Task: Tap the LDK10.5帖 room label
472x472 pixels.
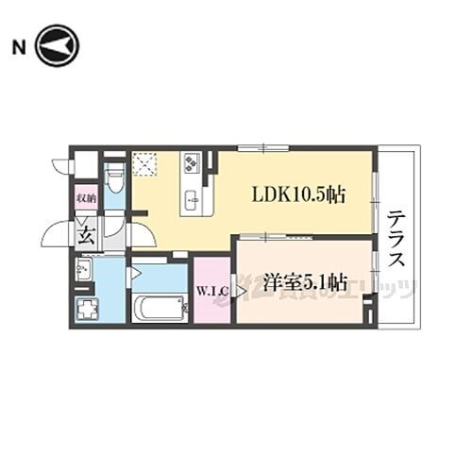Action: pos(297,195)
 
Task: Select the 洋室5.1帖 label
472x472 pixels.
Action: pos(305,281)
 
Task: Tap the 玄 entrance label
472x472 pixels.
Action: pos(86,232)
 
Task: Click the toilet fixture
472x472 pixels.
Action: pos(113,177)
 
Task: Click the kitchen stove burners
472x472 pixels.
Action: pos(191,165)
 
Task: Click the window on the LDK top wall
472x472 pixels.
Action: pos(252,147)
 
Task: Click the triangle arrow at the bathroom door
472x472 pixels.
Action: pos(136,274)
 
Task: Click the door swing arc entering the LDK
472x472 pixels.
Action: pos(139,227)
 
